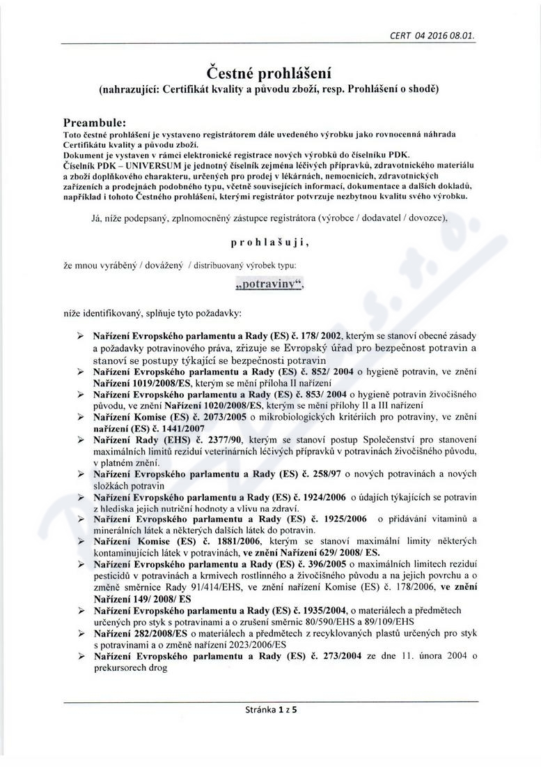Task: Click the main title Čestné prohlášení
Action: (x=270, y=72)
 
